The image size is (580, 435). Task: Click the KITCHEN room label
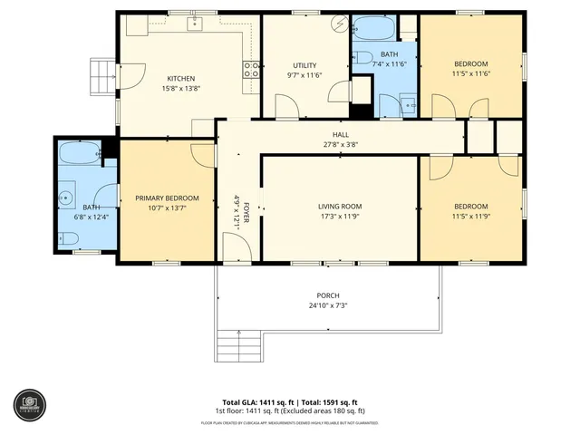[x=180, y=78]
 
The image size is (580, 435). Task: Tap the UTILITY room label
[x=304, y=65]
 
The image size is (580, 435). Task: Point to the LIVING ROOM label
[x=339, y=206]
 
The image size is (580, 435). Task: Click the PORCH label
[x=327, y=295]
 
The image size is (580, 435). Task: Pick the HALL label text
[x=340, y=134]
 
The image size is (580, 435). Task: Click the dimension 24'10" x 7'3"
[x=327, y=305]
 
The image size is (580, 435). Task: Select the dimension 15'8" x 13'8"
[x=180, y=89]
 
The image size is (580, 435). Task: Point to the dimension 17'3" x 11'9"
[x=339, y=217]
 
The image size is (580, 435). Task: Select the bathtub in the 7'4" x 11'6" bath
[x=372, y=30]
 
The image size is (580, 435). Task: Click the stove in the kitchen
[x=250, y=69]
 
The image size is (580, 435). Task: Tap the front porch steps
[x=238, y=344]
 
